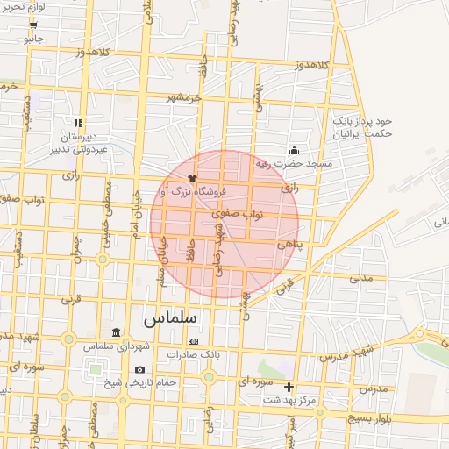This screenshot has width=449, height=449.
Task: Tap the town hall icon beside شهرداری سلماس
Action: pyautogui.click(x=117, y=333)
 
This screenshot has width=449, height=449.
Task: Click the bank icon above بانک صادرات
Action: pyautogui.click(x=194, y=341)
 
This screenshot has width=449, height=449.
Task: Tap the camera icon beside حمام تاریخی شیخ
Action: pyautogui.click(x=140, y=370)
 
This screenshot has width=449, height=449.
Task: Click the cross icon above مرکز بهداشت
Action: pyautogui.click(x=289, y=387)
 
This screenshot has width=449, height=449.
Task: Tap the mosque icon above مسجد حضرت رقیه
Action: pyautogui.click(x=293, y=150)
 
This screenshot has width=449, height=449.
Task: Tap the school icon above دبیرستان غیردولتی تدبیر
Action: pyautogui.click(x=78, y=124)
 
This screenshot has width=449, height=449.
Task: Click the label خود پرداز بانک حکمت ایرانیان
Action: pyautogui.click(x=361, y=126)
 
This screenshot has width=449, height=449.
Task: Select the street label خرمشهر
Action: pyautogui.click(x=184, y=97)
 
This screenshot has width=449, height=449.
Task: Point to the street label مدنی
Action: pyautogui.click(x=360, y=278)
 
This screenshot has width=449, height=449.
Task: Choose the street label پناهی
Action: pyautogui.click(x=289, y=246)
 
